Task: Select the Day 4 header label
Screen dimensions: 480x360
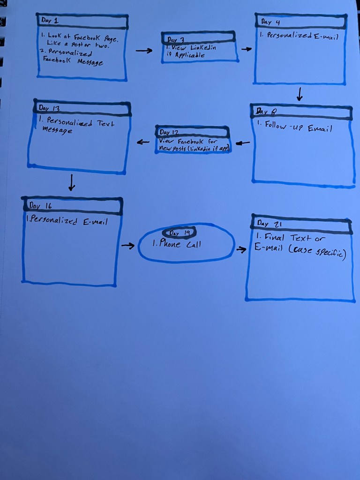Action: (x=267, y=22)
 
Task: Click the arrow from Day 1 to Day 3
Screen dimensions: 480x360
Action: (x=144, y=51)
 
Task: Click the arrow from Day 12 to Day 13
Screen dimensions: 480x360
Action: (x=143, y=142)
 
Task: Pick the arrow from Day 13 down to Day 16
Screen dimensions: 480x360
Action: (x=71, y=182)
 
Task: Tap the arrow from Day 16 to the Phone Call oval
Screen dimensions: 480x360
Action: (x=127, y=245)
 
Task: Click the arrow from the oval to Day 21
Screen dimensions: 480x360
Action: (x=241, y=249)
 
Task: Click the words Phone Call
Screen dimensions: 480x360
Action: (x=177, y=244)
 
